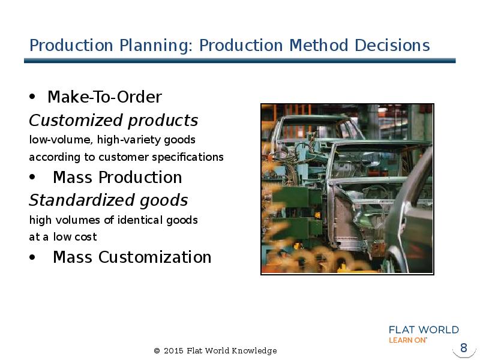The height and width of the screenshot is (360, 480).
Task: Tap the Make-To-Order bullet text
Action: pyautogui.click(x=104, y=97)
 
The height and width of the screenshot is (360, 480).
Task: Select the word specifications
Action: pyautogui.click(x=191, y=157)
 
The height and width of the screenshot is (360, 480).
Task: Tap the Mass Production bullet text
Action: pyautogui.click(x=117, y=178)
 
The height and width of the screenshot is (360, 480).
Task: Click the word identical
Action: pyautogui.click(x=145, y=220)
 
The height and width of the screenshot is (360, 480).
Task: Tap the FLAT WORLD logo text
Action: pyautogui.click(x=424, y=330)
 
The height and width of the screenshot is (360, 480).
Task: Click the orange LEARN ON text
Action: pyautogui.click(x=408, y=340)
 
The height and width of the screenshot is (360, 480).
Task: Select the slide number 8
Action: pyautogui.click(x=463, y=348)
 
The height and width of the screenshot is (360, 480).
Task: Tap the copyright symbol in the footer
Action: pyautogui.click(x=157, y=351)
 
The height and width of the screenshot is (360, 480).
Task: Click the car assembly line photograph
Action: pyautogui.click(x=347, y=189)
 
